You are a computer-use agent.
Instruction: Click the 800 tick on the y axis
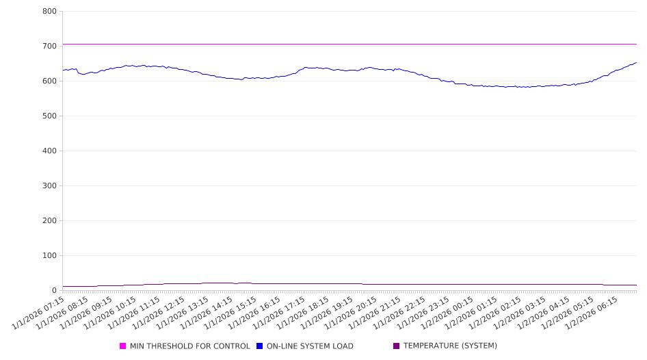tap(49, 11)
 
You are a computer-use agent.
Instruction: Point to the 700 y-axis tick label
tap(49, 46)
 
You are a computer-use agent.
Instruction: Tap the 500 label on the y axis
tap(49, 116)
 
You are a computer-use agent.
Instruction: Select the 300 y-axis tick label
tap(49, 185)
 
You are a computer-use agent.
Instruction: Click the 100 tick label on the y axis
tap(49, 255)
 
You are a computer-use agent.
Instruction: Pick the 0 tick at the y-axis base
tap(53, 290)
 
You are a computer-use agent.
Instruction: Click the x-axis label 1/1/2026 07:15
tap(40, 311)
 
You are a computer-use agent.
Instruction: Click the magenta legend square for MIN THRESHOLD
tap(123, 346)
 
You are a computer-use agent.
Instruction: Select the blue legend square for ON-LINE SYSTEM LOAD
tap(260, 346)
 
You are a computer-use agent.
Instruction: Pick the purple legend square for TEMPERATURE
tap(397, 346)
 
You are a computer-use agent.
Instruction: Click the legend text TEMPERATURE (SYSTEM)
tap(450, 346)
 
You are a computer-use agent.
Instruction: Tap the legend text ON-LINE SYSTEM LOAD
tap(310, 346)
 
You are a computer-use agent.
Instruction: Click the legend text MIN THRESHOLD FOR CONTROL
tap(189, 346)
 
